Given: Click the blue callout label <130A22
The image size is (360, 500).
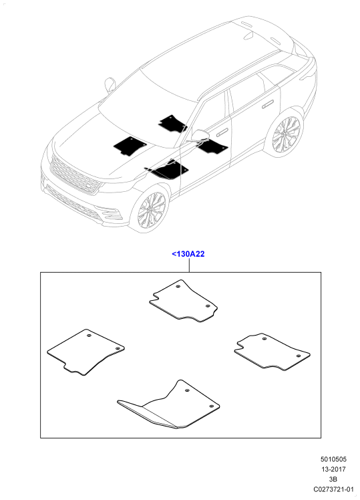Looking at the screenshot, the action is [188, 254].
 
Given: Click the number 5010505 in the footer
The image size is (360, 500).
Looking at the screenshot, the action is [333, 459].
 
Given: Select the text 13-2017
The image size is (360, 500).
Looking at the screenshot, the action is [333, 469].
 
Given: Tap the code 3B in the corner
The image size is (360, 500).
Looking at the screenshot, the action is [333, 479].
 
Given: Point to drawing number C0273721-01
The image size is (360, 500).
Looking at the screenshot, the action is [333, 489].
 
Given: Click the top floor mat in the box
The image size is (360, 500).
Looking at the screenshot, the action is [184, 301].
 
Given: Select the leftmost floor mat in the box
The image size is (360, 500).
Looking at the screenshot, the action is [85, 352].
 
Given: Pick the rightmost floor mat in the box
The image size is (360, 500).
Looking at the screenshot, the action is [272, 352].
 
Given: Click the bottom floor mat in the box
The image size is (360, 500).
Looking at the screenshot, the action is [169, 405].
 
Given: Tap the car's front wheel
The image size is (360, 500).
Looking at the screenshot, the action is [152, 209].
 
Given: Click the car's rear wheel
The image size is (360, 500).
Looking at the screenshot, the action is [285, 134].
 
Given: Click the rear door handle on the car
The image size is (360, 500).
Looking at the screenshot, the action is [268, 104].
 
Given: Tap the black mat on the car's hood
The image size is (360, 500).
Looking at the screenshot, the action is [130, 146].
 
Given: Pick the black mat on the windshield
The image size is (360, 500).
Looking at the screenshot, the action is [173, 124].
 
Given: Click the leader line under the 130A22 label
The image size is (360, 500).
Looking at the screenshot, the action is [189, 265].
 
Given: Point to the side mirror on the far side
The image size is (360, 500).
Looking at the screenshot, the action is [110, 84].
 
